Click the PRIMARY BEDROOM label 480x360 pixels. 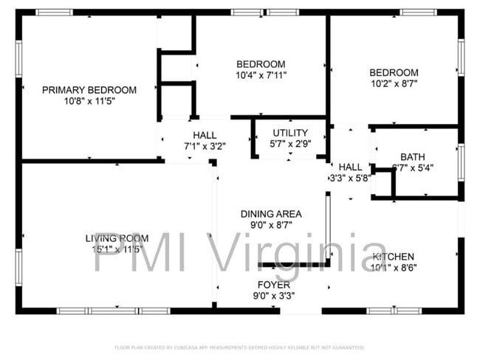click(89, 90)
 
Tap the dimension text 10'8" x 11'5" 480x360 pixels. click(89, 101)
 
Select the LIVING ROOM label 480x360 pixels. click(117, 238)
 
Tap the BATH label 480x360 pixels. click(412, 156)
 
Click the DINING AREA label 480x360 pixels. click(272, 214)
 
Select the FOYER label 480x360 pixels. click(273, 285)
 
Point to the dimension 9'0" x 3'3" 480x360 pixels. click(273, 296)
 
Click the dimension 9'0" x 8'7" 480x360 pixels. click(272, 225)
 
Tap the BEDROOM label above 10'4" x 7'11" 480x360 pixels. click(261, 64)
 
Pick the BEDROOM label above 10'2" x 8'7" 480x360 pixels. click(394, 72)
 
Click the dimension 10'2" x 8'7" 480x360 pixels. click(394, 84)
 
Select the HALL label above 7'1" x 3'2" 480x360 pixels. click(205, 135)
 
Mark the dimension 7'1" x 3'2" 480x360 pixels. click(205, 146)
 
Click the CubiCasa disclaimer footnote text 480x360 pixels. click(239, 347)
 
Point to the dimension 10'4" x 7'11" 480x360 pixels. click(261, 75)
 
